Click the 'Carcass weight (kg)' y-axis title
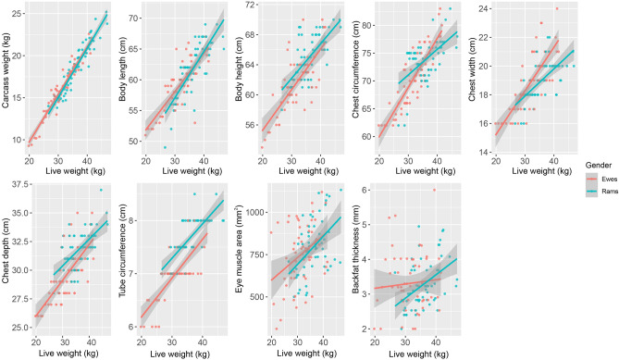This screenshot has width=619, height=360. pyautogui.click(x=6, y=81)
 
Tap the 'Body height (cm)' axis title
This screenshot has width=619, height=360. pyautogui.click(x=243, y=81)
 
